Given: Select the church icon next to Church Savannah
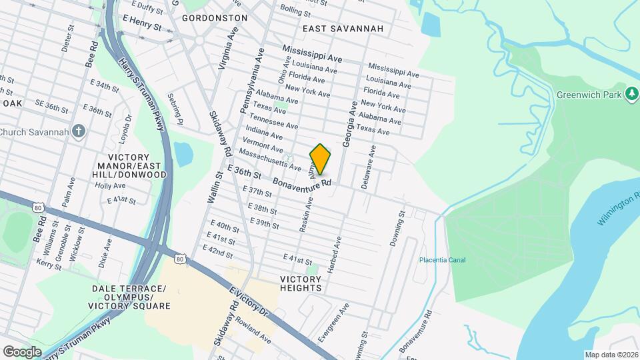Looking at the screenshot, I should (79, 131).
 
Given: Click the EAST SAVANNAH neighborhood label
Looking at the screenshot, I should (343, 29).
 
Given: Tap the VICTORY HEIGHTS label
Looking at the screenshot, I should (301, 283).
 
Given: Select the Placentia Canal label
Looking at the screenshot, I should (443, 260).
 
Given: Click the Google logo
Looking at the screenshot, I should (23, 351).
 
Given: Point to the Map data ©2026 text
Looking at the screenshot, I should (610, 355).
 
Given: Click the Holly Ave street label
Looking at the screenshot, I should (110, 186).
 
